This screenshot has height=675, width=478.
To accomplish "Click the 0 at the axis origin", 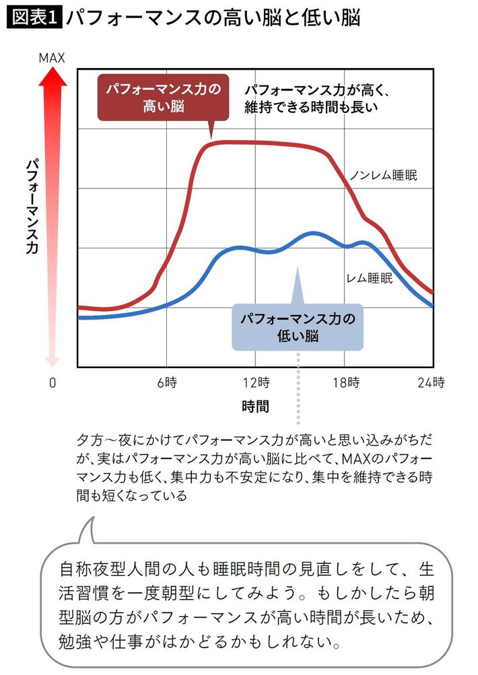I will [x=52, y=384].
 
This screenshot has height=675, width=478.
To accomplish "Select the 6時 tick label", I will [x=166, y=384].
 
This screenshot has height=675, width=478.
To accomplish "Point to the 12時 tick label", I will [x=256, y=384].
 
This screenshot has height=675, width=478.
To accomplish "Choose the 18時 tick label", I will [x=345, y=384].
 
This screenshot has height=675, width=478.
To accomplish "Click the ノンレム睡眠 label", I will [x=384, y=176].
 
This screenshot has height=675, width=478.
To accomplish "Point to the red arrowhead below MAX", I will [x=51, y=77].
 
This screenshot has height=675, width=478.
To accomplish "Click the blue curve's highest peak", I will [x=312, y=234].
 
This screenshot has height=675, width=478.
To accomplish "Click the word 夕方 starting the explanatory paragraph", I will [x=89, y=441].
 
